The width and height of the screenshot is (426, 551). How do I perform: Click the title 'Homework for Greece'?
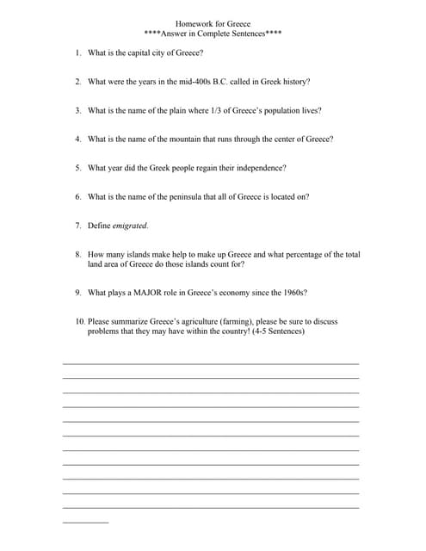(x=213, y=24)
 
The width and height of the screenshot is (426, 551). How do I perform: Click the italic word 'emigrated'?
(x=130, y=226)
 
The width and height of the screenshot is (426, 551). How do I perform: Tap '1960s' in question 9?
(x=293, y=293)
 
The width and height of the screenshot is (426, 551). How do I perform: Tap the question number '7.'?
(x=78, y=226)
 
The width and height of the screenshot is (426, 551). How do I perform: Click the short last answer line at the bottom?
(x=86, y=523)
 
